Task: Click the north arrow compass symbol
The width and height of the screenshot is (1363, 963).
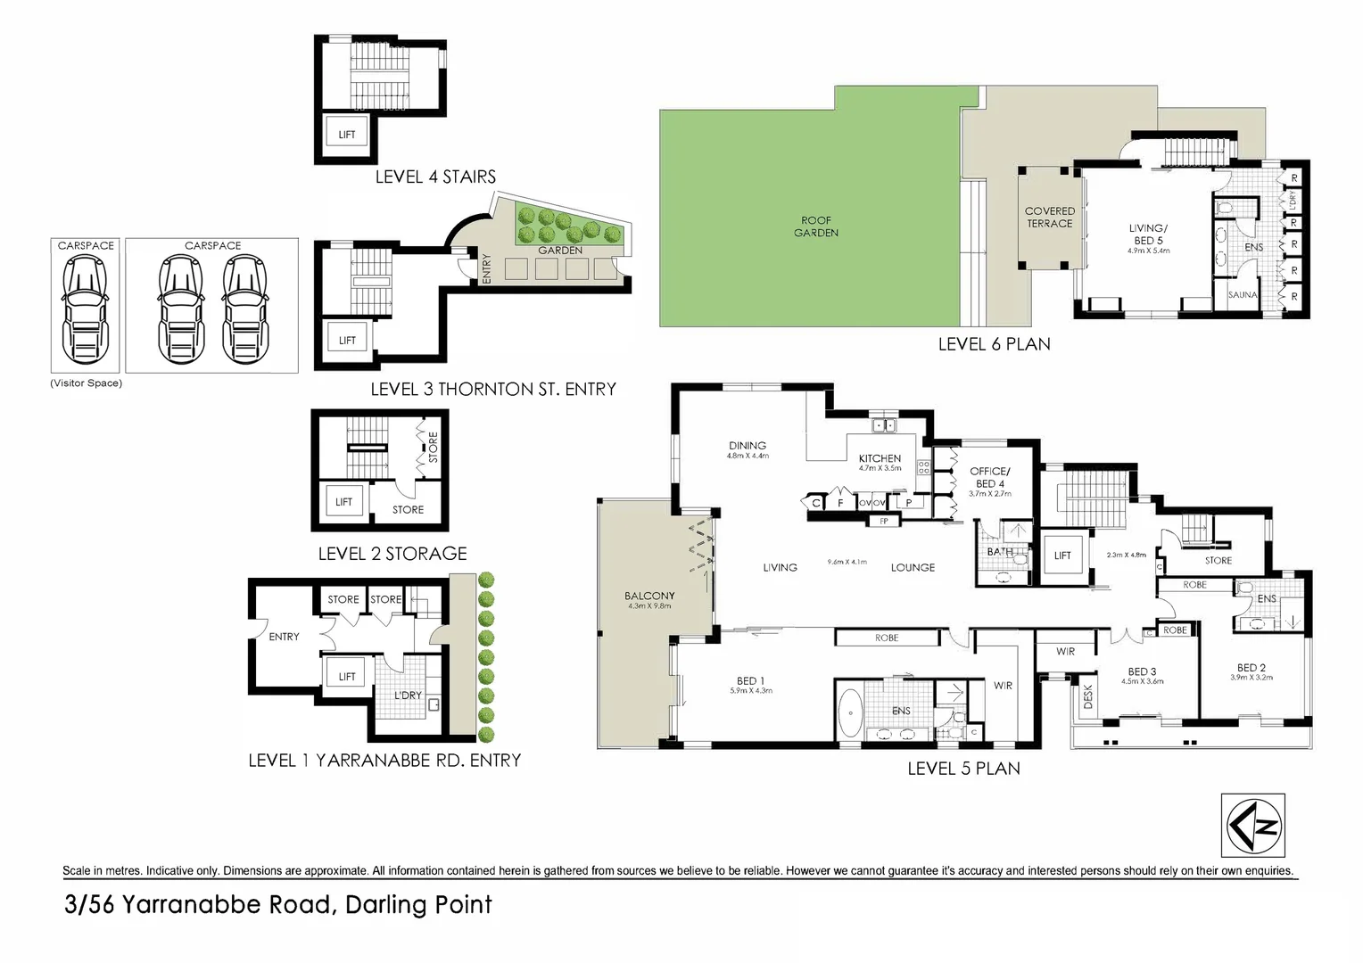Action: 1252,826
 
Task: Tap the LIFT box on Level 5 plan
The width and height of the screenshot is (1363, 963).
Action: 1062,556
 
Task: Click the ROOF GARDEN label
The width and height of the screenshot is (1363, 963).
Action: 816,226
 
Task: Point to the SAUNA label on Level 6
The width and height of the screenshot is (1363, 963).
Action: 1243,295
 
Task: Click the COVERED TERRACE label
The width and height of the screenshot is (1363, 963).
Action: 1049,218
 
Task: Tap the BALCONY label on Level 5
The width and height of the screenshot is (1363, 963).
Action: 649,596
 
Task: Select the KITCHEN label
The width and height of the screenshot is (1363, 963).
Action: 880,458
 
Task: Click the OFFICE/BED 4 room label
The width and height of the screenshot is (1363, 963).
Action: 990,477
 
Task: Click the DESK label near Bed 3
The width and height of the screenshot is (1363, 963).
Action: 1086,696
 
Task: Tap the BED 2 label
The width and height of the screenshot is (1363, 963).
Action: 1251,668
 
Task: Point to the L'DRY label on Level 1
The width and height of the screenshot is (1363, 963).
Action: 408,695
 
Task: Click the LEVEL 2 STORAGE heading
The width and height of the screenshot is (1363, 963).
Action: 392,554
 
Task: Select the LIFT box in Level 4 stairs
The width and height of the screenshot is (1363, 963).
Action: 347,135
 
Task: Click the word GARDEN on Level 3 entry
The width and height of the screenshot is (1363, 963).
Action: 560,251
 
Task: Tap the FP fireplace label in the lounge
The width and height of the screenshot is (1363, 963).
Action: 884,521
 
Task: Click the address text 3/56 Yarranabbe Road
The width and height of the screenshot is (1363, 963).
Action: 278,905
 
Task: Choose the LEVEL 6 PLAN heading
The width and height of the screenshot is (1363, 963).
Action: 994,344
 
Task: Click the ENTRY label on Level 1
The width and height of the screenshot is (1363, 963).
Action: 284,637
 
